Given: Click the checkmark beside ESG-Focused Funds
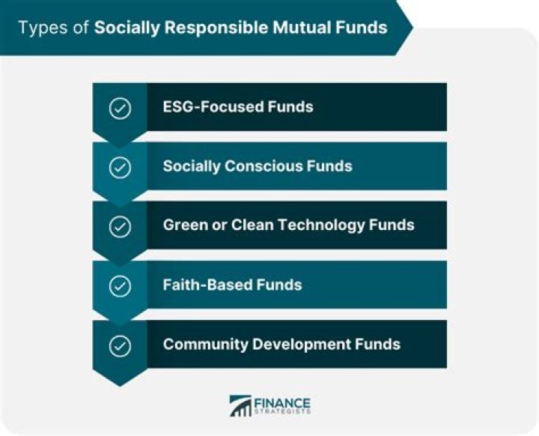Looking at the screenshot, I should pos(120,107).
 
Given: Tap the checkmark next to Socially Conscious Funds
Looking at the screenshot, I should pos(120,166).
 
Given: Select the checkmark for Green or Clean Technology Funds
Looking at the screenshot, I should pos(120,225).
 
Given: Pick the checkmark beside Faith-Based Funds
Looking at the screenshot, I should pos(120,285).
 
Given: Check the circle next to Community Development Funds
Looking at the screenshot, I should pos(120,345).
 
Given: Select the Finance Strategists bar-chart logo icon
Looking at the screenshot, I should pos(240,405).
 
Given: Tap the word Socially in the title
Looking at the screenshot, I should pos(123,28).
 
